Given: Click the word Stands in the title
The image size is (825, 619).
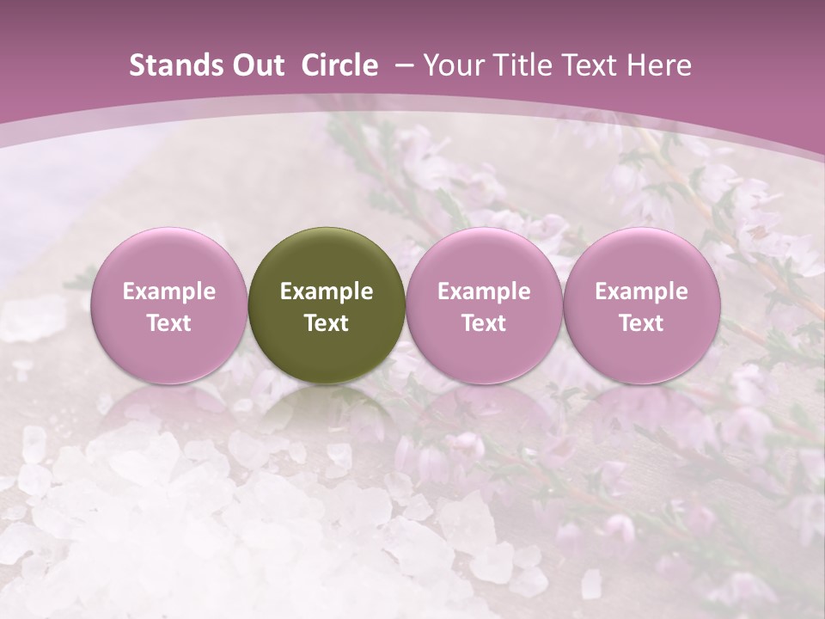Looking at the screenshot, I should click(x=172, y=65).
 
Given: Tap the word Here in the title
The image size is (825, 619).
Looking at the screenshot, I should click(x=657, y=65).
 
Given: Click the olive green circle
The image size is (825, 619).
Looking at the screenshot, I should click(x=326, y=304).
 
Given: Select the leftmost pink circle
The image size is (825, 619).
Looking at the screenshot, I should click(x=168, y=304).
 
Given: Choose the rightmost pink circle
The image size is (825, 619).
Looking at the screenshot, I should click(x=641, y=304).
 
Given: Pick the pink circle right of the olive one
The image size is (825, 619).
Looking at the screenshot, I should click(x=484, y=304).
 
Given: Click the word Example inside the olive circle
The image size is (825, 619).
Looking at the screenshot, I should click(x=327, y=291).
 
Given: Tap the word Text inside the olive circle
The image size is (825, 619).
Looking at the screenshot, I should click(x=327, y=323).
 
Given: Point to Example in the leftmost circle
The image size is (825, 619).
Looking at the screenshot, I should click(x=169, y=291).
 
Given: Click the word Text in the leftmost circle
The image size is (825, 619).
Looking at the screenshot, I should click(x=169, y=323).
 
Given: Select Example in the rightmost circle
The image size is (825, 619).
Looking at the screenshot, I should click(x=641, y=291).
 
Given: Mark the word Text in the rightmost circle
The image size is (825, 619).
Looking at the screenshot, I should click(x=641, y=323).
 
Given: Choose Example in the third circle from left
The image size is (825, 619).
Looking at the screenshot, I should click(x=484, y=291).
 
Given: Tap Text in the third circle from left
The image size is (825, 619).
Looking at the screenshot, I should click(x=484, y=323).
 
